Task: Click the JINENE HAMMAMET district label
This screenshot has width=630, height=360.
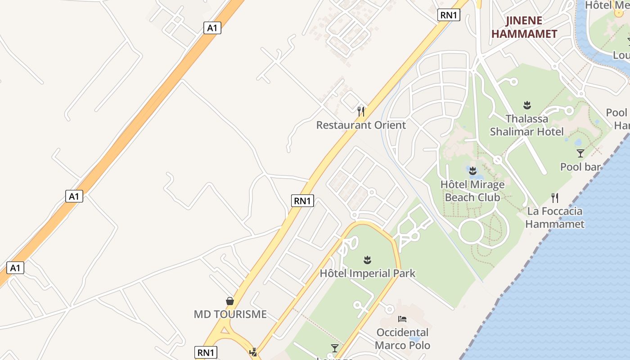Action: pos(524,27)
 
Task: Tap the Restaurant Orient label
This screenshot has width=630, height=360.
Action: pos(361,125)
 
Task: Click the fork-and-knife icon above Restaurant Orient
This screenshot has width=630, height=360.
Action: pos(361,111)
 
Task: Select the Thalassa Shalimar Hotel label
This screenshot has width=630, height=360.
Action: pos(526,125)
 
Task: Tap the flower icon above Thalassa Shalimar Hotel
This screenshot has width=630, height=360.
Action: pos(527,105)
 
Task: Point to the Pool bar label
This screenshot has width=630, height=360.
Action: pos(580,167)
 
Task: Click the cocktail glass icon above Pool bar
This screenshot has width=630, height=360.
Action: pos(580,153)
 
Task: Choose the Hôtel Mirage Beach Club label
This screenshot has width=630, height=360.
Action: pos(472,191)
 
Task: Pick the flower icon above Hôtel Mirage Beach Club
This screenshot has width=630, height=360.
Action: pos(472,171)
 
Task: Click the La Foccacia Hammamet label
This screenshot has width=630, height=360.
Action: pos(555,217)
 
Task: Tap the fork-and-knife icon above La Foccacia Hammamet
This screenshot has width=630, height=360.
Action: pos(555,197)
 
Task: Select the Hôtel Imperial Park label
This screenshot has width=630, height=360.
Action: pos(368,273)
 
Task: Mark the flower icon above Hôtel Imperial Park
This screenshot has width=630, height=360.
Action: pos(368,260)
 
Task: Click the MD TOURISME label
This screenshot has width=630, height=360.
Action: pos(230,314)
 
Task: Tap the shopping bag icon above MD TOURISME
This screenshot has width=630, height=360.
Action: pos(230,301)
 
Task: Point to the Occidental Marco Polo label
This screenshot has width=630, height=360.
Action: pos(402,339)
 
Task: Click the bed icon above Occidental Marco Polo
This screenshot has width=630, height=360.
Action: pos(402,319)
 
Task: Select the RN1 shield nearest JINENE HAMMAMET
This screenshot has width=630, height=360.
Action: pos(449,15)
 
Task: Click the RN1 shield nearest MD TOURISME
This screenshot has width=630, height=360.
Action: pos(206,352)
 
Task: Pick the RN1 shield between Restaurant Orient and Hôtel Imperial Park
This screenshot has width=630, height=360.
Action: pos(303,201)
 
